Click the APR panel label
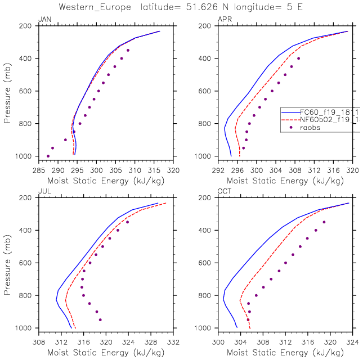224,20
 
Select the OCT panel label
224,192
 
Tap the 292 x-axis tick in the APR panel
218,169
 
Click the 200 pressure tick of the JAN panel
27,26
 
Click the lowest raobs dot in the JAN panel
48,156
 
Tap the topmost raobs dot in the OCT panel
324,222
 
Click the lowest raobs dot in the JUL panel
100,319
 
